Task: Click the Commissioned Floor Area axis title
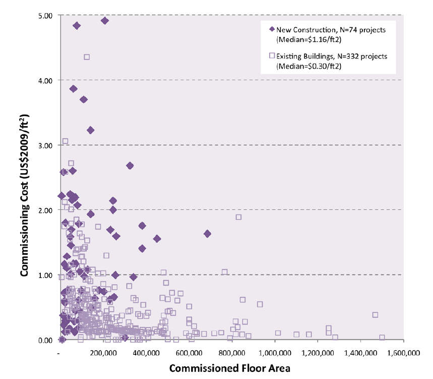[x=230, y=368]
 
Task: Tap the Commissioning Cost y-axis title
[x=24, y=177]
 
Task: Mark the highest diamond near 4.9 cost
[x=105, y=21]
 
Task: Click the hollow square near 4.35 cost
[x=87, y=57]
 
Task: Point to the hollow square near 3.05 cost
[x=65, y=141]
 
